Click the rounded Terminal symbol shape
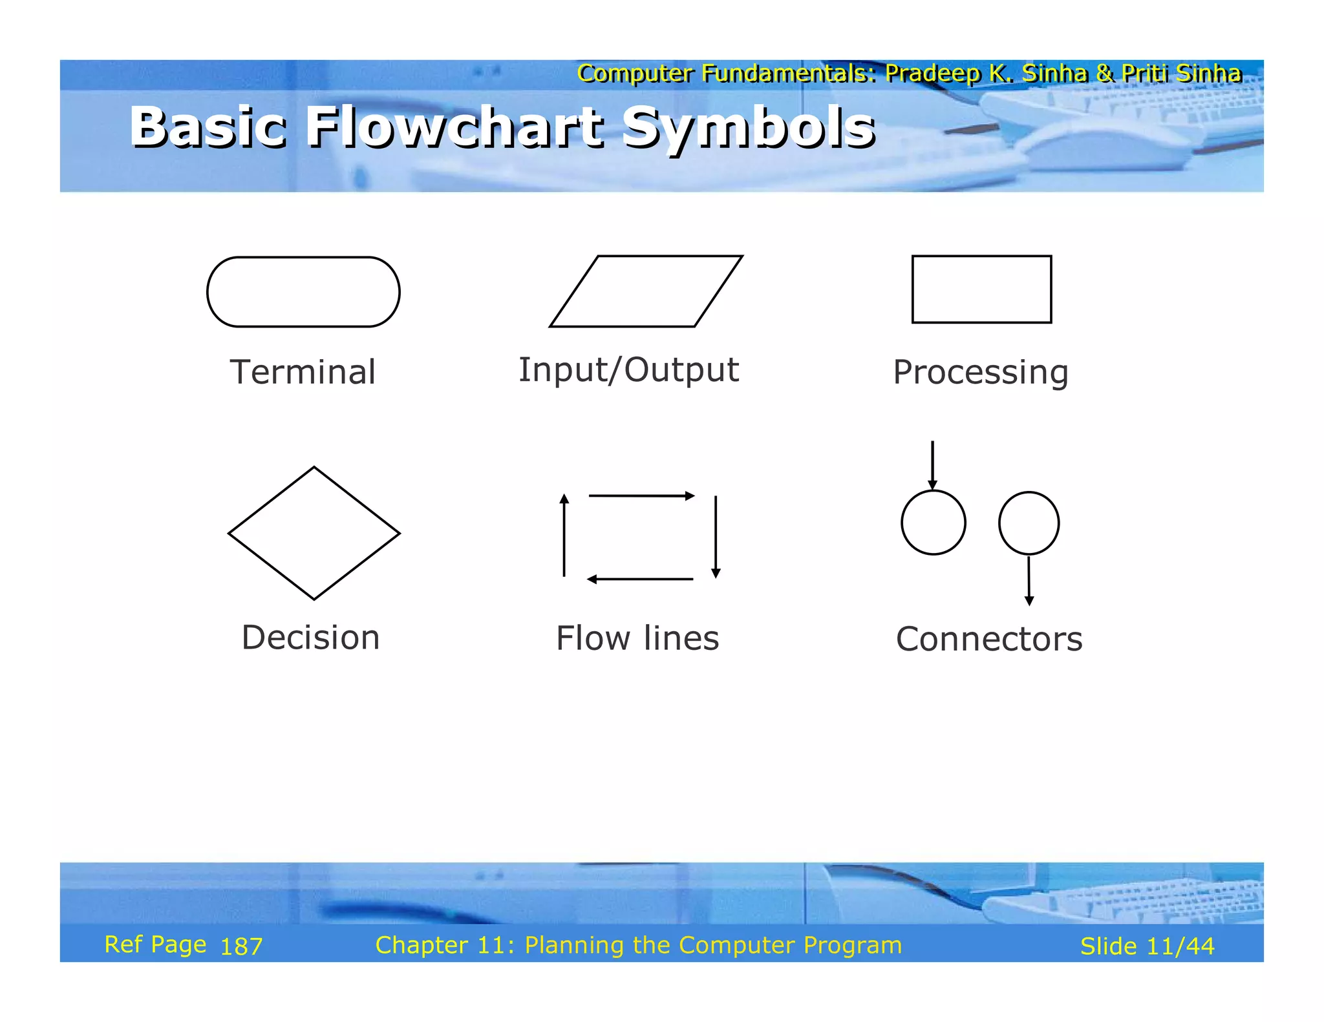[303, 292]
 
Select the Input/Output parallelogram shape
[646, 291]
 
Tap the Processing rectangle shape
[981, 289]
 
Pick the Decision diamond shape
[314, 534]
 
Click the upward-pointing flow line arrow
[564, 535]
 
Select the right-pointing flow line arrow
[641, 496]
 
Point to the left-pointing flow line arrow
[640, 579]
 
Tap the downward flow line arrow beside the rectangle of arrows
[716, 536]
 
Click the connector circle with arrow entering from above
[934, 523]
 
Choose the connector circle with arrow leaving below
[1029, 523]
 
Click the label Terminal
[303, 373]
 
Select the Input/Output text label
[628, 371]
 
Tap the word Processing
[981, 373]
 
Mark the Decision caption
[310, 638]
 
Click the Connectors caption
[988, 640]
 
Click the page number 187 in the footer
[241, 947]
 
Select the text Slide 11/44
[1147, 946]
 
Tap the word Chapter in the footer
[422, 946]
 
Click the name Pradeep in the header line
[932, 74]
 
